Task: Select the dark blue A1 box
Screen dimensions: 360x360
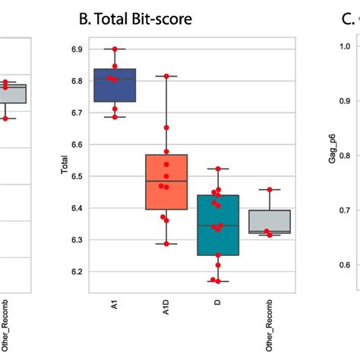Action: (x=115, y=85)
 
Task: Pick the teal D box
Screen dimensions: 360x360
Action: (x=218, y=235)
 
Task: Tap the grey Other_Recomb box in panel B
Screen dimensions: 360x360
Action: (x=270, y=221)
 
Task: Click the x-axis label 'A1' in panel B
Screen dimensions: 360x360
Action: (x=115, y=304)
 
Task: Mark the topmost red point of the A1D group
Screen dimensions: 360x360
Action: (x=166, y=76)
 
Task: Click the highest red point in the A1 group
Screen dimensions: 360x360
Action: (x=115, y=49)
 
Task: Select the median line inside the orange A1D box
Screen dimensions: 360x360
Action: (x=166, y=182)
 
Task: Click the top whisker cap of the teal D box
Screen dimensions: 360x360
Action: (x=218, y=169)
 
